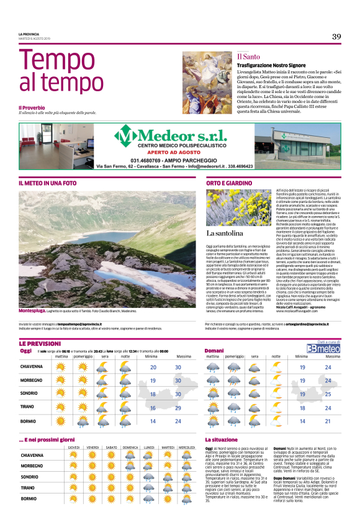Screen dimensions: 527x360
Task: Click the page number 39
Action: click(336, 37)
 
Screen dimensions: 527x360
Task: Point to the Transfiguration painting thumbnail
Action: click(207, 79)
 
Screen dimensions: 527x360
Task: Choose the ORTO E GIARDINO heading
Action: click(229, 184)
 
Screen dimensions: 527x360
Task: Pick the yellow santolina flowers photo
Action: click(239, 215)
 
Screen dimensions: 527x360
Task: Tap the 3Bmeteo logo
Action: click(329, 349)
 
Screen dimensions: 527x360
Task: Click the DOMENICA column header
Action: click(130, 464)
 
